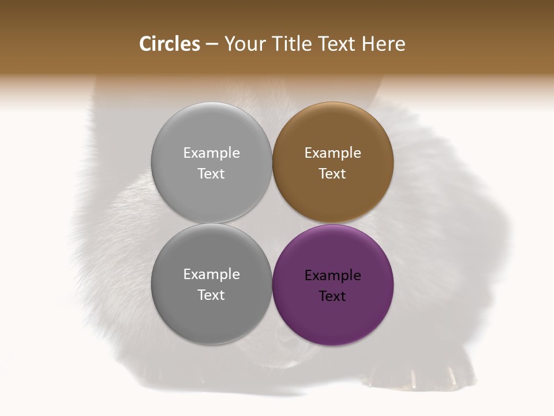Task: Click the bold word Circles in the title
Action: (169, 44)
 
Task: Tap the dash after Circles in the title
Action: (211, 44)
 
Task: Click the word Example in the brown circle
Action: (333, 153)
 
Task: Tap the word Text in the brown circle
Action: (333, 174)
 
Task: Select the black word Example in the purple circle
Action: (333, 276)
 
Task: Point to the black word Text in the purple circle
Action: (333, 296)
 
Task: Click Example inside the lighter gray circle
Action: (211, 153)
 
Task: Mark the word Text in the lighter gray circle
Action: (211, 174)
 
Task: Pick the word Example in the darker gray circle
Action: (211, 274)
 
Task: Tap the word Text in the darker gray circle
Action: (211, 295)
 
